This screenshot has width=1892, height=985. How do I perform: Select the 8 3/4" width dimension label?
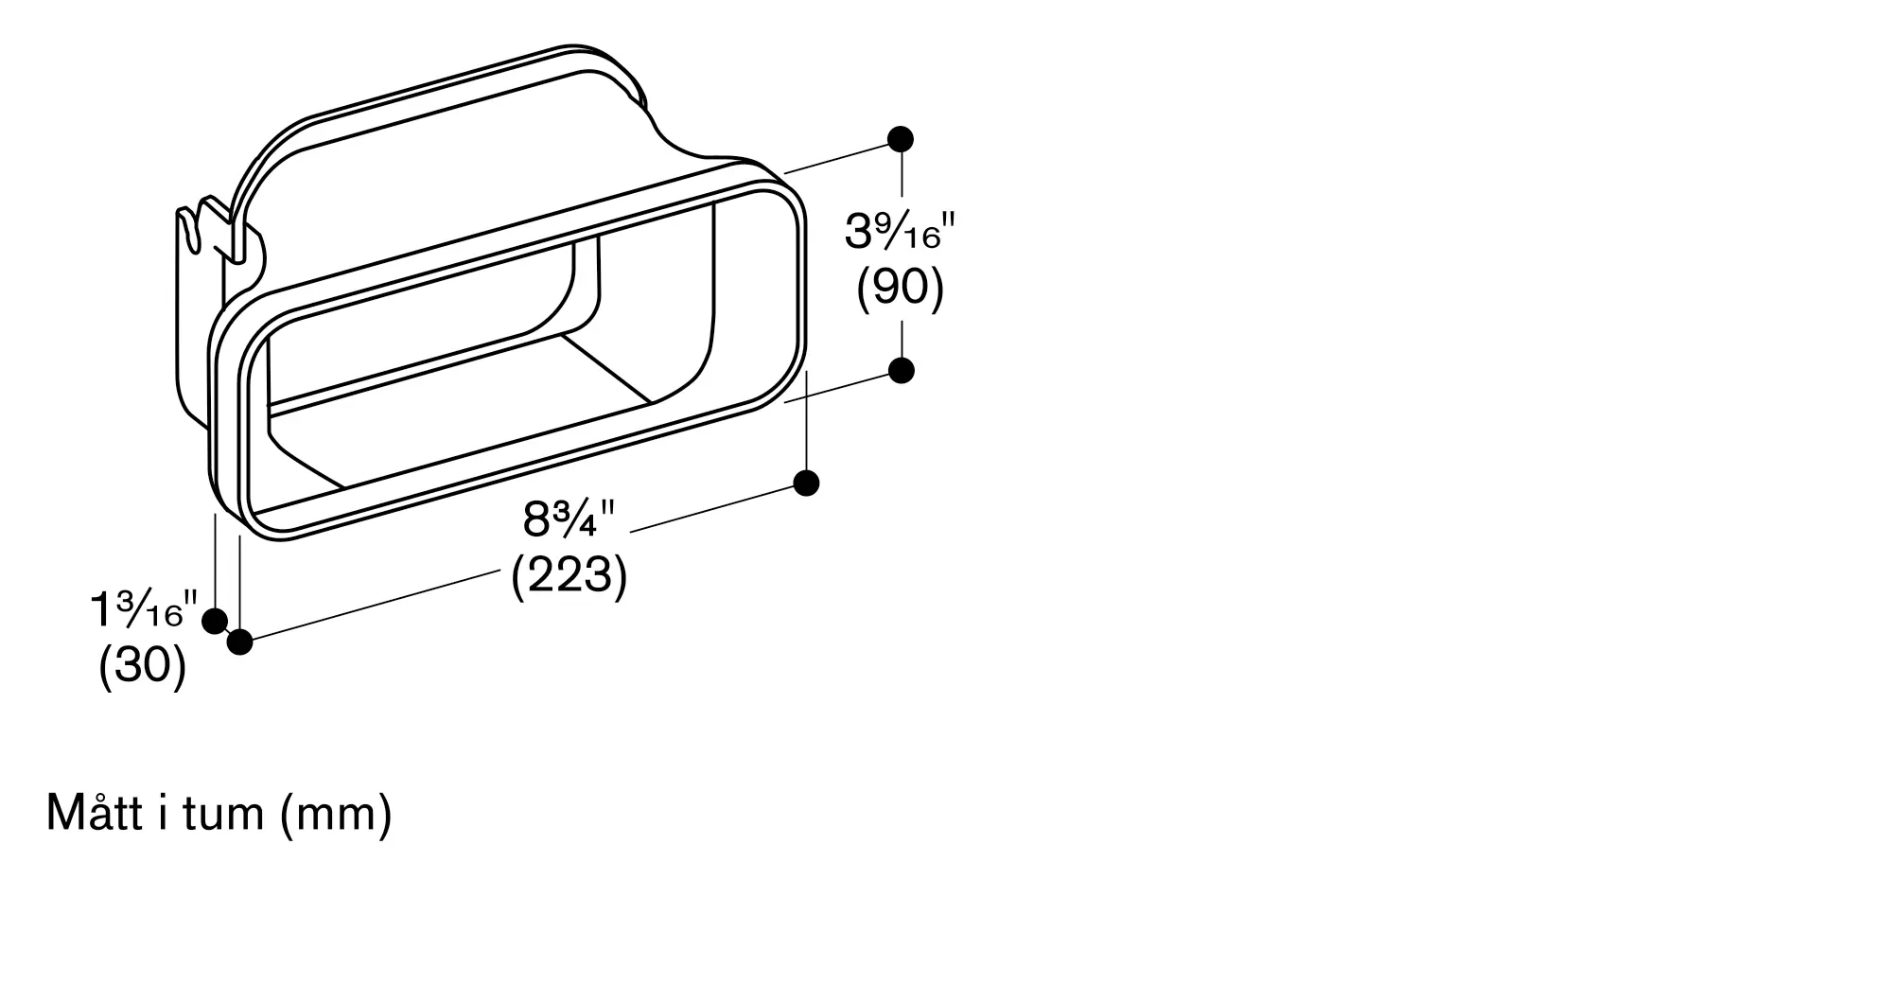(569, 519)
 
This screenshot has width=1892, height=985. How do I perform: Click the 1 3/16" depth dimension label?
(143, 610)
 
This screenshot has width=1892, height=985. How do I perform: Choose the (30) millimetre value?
(142, 666)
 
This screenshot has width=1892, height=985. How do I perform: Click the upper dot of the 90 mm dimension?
(901, 139)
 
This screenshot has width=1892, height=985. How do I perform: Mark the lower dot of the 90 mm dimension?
(902, 370)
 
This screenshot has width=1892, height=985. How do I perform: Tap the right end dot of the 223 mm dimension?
(806, 484)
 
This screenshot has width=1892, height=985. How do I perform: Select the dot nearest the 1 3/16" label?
(215, 622)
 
